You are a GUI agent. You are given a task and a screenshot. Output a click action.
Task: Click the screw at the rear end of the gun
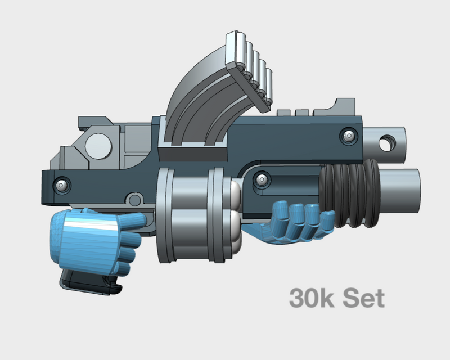[61, 184]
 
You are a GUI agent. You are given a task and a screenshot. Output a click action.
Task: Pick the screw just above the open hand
[261, 179]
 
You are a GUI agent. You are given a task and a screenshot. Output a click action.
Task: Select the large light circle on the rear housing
[99, 146]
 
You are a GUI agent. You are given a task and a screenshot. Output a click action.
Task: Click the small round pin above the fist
[133, 200]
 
